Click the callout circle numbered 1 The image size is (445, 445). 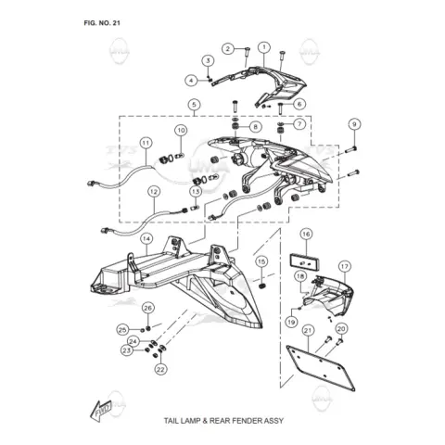coord(264,47)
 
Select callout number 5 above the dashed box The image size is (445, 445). coord(194,105)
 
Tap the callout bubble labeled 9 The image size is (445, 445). coord(354,124)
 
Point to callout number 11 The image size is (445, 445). coord(146,143)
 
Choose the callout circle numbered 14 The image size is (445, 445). coord(146,239)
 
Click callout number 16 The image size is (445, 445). coord(306,235)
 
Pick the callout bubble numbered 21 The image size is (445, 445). coord(308,331)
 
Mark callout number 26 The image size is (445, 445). coord(148,308)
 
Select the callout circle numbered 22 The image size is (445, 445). coord(160,369)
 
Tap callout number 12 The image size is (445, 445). coord(154,192)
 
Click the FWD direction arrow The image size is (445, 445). coord(101,411)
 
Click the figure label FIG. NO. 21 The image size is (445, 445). coord(102,23)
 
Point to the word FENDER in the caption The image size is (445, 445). coord(247,421)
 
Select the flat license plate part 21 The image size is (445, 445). coord(321,369)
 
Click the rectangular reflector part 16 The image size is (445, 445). coord(304,262)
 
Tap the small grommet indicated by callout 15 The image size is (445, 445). coord(261,286)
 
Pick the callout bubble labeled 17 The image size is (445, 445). coord(345,266)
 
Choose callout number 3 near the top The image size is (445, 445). coord(208,60)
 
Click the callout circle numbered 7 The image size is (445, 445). coord(299,124)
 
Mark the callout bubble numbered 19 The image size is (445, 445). coord(291,323)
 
